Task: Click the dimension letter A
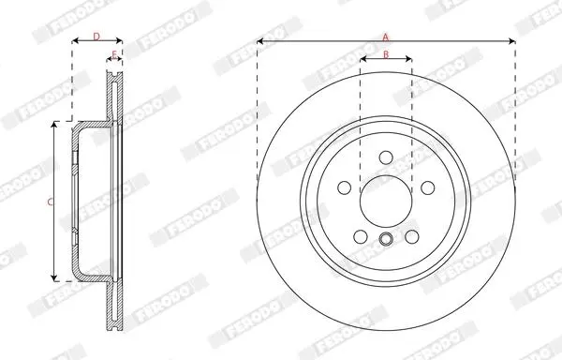click(x=386, y=37)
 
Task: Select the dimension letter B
click(x=386, y=54)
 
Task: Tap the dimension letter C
click(x=51, y=202)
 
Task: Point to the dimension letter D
click(x=96, y=37)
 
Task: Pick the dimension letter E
click(x=114, y=55)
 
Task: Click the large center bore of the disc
click(x=386, y=202)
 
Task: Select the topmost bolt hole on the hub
click(x=386, y=157)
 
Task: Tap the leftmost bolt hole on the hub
click(x=345, y=187)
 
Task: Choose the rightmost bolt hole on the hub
click(x=428, y=187)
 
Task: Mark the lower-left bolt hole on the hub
click(x=361, y=236)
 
